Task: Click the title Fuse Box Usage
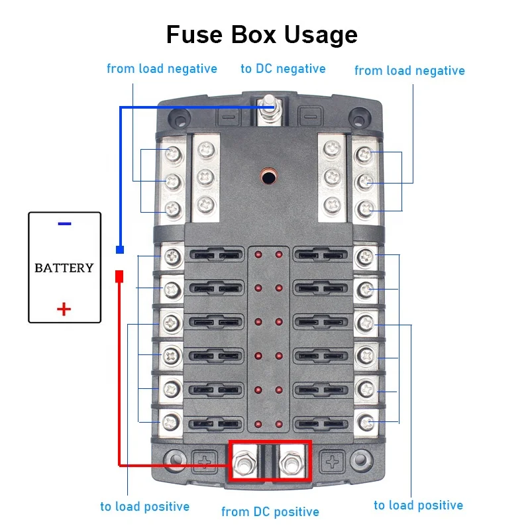coord(262,34)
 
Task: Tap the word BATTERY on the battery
coord(64,268)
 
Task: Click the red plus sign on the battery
coord(64,308)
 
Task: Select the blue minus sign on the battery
coord(64,224)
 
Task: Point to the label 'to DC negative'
coord(283,69)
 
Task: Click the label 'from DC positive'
coord(270,511)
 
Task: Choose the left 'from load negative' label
coord(162,69)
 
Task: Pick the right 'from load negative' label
coord(409,70)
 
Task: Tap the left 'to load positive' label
coord(144,507)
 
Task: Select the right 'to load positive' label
coord(418,505)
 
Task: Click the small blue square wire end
coord(120,250)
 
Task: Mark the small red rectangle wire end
coord(120,276)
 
